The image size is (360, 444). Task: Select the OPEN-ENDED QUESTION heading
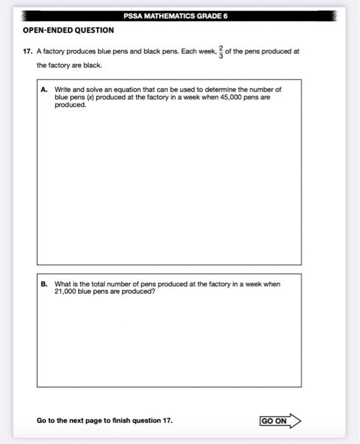point(68,30)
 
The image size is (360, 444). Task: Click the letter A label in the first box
point(44,90)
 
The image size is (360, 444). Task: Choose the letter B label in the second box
point(44,284)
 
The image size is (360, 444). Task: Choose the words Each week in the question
point(197,51)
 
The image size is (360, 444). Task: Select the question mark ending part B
point(153,291)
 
